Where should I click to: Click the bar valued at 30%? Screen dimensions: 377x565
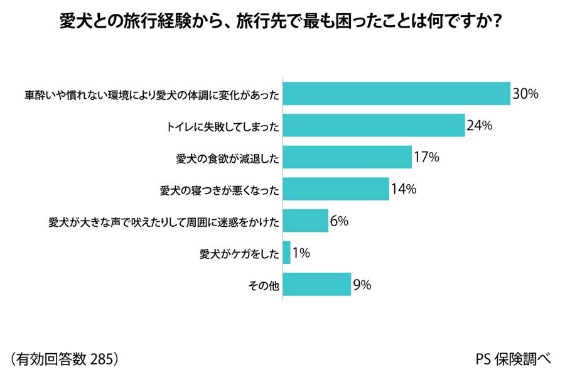[396, 94]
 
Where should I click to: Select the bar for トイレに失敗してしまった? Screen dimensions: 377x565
[374, 126]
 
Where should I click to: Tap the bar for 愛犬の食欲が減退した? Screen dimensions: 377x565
[347, 157]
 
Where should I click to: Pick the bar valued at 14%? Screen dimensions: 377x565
[336, 189]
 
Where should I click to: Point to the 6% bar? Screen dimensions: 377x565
[306, 221]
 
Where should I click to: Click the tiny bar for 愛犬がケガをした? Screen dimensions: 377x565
[287, 253]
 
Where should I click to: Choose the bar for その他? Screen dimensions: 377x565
[317, 284]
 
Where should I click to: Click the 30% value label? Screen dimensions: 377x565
[525, 94]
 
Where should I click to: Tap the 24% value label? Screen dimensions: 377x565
[479, 126]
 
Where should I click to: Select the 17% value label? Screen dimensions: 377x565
[426, 157]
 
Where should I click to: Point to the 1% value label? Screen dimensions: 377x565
[301, 253]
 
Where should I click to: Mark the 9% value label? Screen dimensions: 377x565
[362, 285]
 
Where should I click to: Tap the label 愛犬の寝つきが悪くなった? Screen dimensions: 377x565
[219, 190]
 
